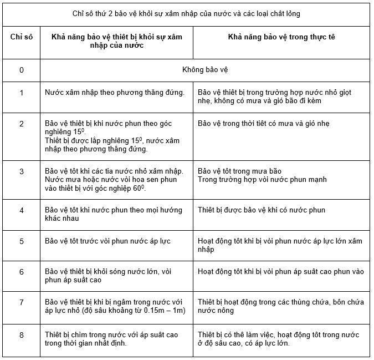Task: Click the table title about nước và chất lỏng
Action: point(186,13)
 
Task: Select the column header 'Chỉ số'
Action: point(21,36)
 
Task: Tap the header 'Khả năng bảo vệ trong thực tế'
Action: point(281,36)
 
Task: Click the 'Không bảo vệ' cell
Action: point(204,70)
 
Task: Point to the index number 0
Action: point(21,70)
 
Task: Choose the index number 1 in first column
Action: point(21,93)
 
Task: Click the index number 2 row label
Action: point(21,123)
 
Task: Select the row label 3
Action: point(21,171)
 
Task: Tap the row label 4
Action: point(21,210)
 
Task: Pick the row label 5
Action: point(21,241)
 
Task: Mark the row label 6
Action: point(21,272)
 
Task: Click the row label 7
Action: point(21,302)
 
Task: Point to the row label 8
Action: point(21,335)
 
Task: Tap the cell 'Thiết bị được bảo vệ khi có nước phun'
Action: point(262,210)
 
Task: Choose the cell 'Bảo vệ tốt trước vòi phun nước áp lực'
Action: point(107,241)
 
